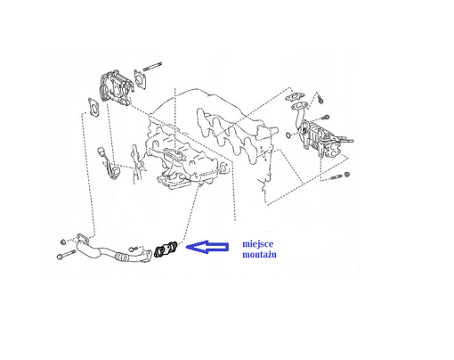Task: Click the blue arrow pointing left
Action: [207, 247]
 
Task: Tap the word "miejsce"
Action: [258, 244]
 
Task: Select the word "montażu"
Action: [259, 255]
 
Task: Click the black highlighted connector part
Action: [166, 250]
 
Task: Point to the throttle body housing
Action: [115, 88]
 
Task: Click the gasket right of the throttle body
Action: [140, 79]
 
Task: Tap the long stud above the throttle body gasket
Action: [152, 67]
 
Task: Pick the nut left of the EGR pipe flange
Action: [63, 242]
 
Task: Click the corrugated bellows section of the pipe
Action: [121, 257]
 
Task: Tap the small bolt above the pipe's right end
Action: [134, 249]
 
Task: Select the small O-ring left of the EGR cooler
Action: [288, 135]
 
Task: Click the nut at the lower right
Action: [346, 175]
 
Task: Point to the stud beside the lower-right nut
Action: [336, 178]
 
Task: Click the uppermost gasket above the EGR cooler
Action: [295, 96]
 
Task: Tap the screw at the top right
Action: [320, 99]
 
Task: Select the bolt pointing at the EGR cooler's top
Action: [325, 118]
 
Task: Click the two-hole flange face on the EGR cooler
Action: [333, 151]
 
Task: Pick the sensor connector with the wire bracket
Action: [108, 163]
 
